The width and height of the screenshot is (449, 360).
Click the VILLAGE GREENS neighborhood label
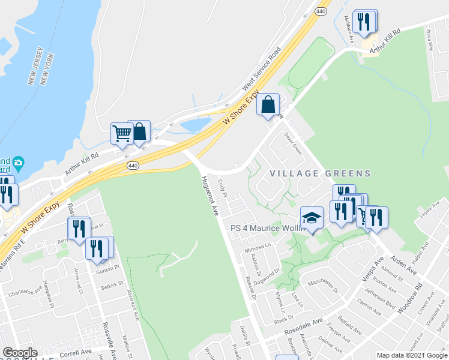[x=320, y=173]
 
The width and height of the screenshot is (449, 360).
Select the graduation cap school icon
[x=312, y=219]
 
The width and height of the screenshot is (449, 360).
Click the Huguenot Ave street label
[x=211, y=196]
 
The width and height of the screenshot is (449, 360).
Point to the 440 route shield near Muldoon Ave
[x=322, y=11]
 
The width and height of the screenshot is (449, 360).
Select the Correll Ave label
[x=76, y=352]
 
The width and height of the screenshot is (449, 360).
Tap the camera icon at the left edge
[x=19, y=163]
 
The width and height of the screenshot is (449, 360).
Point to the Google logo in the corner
[x=19, y=353]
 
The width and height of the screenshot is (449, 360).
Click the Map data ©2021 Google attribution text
[x=412, y=355]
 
